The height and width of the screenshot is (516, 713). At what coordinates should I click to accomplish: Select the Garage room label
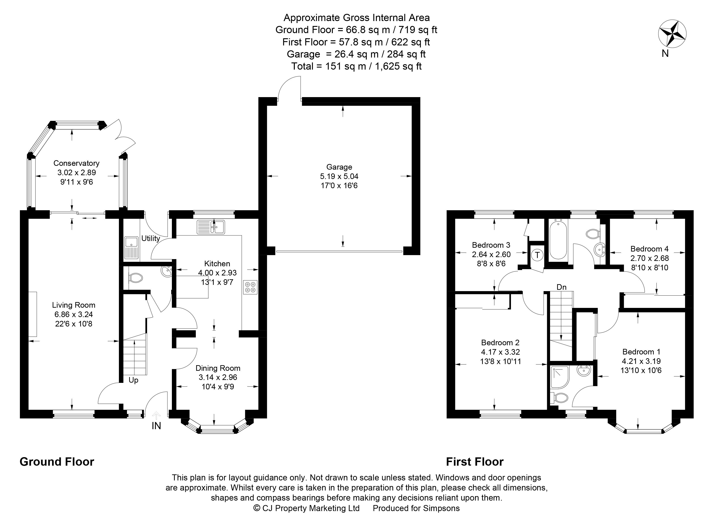click(339, 167)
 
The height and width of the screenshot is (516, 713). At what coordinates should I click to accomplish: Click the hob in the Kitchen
click(250, 287)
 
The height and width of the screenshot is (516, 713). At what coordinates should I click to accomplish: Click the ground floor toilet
click(136, 278)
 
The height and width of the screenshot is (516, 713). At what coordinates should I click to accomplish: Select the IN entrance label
click(156, 426)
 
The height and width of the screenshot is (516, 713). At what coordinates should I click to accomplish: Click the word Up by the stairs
click(133, 380)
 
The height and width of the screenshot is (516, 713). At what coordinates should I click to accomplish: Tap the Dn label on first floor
click(561, 287)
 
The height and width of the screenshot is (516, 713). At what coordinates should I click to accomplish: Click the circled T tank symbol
click(537, 255)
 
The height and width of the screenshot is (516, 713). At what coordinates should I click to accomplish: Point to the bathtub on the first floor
click(558, 239)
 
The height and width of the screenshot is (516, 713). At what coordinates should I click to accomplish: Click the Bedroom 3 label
click(491, 245)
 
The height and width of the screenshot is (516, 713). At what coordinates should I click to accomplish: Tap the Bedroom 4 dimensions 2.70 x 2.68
click(650, 258)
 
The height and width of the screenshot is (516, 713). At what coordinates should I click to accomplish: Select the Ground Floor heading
click(57, 462)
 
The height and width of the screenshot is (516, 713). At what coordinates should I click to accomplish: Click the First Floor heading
click(475, 462)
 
